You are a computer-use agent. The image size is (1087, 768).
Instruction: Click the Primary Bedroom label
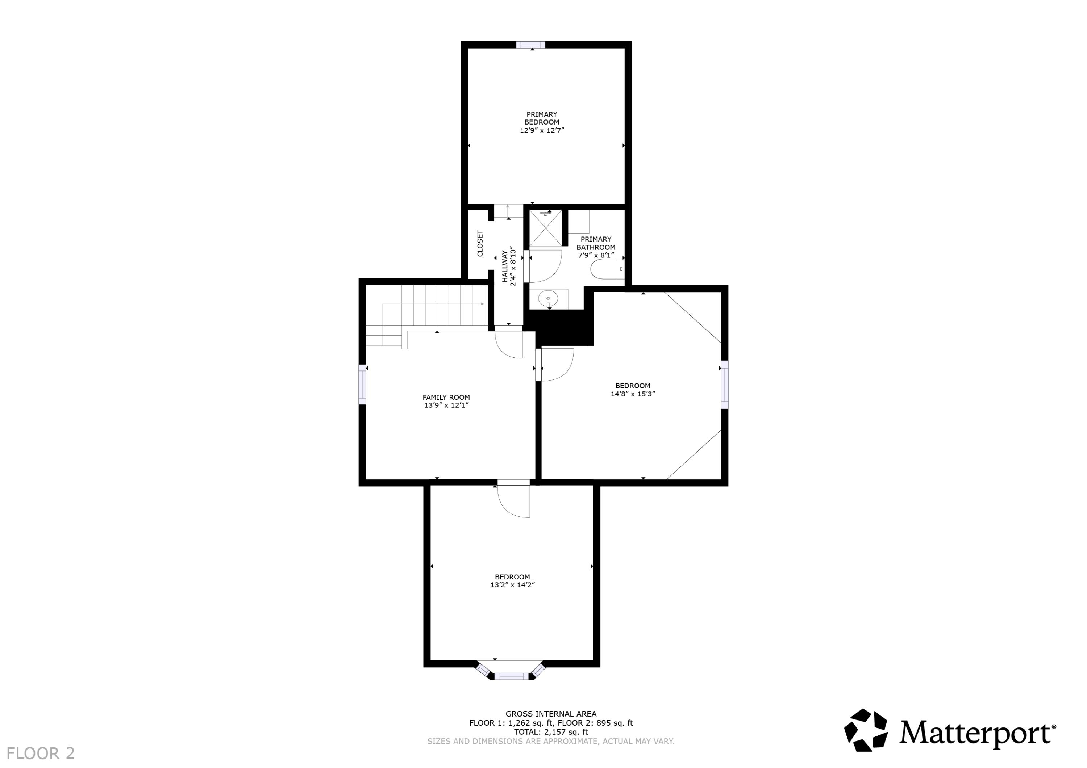[x=542, y=122]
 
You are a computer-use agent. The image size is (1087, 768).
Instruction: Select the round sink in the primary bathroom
[x=548, y=299]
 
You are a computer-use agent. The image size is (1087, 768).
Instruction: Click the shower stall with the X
[x=545, y=228]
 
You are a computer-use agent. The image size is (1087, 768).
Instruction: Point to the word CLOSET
[x=480, y=244]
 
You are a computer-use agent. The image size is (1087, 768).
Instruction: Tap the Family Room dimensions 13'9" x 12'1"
[x=446, y=406]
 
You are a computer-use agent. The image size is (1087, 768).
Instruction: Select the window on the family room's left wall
[x=362, y=384]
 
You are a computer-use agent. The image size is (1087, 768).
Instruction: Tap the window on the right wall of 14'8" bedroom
[x=724, y=385]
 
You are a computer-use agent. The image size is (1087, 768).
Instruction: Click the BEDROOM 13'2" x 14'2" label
[x=512, y=580]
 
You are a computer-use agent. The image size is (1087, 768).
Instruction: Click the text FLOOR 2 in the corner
[x=41, y=753]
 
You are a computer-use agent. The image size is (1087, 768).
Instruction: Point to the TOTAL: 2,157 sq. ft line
[x=551, y=731]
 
